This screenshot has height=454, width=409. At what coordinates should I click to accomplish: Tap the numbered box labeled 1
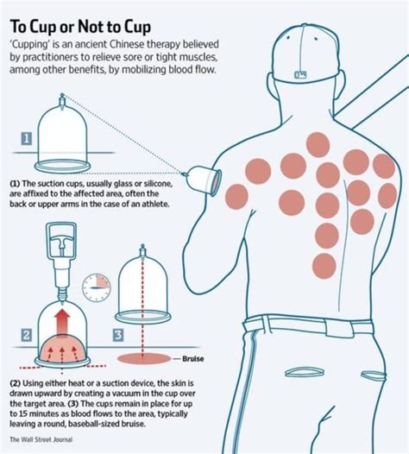point(28,138)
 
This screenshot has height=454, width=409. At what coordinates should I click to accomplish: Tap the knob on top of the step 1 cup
point(60,96)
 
